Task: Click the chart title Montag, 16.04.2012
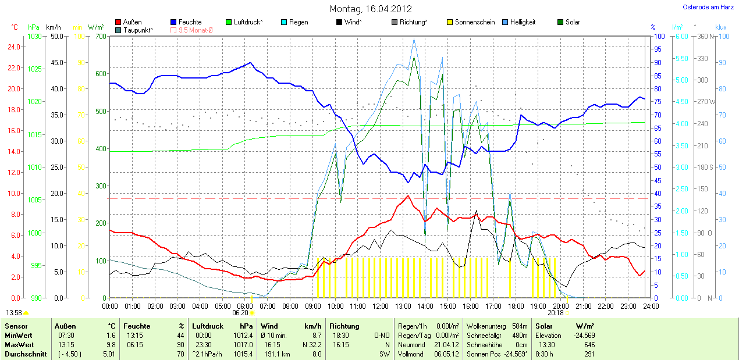coord(371,9)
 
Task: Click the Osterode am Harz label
coord(708,7)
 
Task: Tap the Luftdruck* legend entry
coord(248,22)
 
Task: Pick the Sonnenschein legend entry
coord(475,22)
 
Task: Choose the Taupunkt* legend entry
coord(138,30)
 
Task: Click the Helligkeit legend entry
coord(523,22)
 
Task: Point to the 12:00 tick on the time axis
coord(380,306)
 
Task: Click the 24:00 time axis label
coord(651,306)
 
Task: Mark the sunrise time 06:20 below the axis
coord(240,313)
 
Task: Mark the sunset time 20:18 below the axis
coord(556,313)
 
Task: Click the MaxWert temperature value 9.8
coord(111,344)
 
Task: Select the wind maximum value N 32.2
coord(310,344)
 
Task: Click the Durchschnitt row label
coord(25,354)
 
